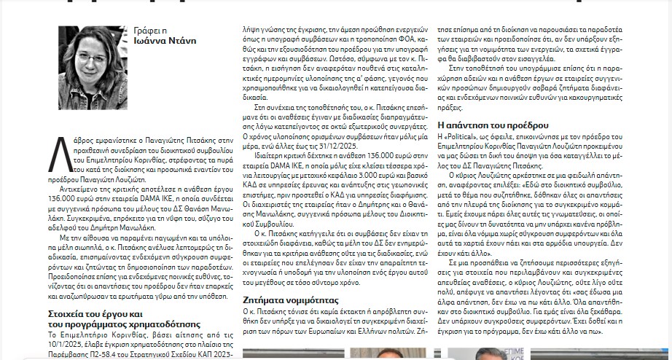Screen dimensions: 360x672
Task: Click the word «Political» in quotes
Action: pyautogui.click(x=476, y=136)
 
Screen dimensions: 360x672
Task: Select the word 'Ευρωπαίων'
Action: pyautogui.click(x=346, y=331)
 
